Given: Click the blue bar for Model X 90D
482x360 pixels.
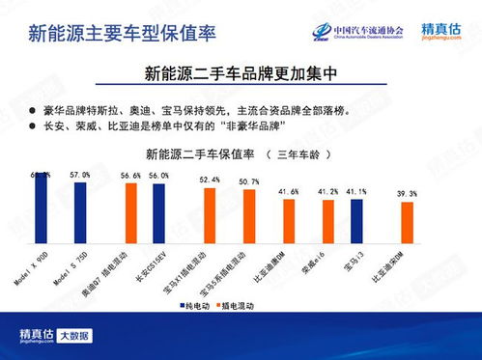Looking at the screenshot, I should (x=42, y=207).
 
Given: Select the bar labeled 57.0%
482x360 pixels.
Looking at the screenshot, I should (x=81, y=208).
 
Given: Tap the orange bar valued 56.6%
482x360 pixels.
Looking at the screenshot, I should (x=132, y=210).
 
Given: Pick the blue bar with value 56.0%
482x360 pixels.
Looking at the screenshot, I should (x=158, y=210).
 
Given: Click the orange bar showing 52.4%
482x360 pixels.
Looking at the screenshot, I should (x=210, y=214).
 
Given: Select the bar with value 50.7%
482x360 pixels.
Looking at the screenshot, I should (x=249, y=216).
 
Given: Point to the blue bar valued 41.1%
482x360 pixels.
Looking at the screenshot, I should (x=356, y=221).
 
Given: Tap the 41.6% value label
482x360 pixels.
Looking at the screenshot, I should (x=288, y=192).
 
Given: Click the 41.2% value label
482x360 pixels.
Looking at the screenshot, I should (x=327, y=192).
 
